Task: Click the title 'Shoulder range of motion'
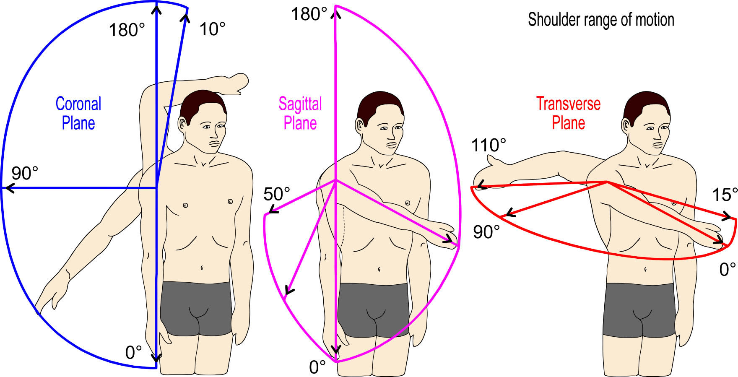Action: (601, 20)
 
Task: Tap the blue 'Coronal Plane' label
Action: (78, 114)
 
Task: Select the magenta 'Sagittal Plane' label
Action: (300, 114)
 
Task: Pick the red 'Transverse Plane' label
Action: (568, 113)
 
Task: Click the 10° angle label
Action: (212, 29)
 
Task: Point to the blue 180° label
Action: (127, 30)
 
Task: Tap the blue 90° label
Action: (25, 173)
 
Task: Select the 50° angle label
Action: (277, 194)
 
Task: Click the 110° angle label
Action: (489, 146)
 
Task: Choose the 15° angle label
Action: (725, 195)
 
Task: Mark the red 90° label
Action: (486, 232)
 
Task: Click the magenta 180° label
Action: (309, 14)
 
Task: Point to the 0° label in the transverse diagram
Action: (728, 269)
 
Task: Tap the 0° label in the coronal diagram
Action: (134, 353)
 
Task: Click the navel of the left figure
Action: (202, 267)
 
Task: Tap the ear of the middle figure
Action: (359, 125)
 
